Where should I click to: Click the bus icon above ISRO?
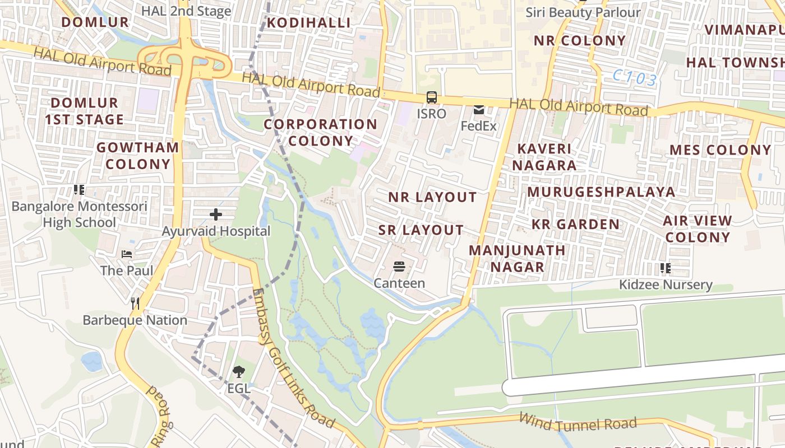coord(431,97)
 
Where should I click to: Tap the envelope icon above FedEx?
coord(479,110)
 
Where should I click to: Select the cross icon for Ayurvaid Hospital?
coord(216,214)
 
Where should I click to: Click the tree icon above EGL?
coord(239,371)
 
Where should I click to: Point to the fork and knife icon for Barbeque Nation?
coord(135,304)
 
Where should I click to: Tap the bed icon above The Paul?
coord(127,254)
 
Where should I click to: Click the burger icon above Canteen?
coord(399,267)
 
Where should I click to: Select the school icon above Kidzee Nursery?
coord(666,268)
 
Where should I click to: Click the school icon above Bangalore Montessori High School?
coord(79,190)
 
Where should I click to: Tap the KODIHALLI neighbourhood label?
coord(308,23)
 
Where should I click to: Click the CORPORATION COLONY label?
coord(320,132)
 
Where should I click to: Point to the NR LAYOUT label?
coord(432,197)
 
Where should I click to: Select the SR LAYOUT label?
coord(421,230)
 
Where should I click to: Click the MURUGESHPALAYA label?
coord(601,192)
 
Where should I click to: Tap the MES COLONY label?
coord(721,150)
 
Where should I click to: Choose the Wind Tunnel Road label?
coord(578,421)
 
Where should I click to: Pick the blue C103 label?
coord(634,78)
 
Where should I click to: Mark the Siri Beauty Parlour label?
coord(583,12)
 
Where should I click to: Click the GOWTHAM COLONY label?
coord(138,156)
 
